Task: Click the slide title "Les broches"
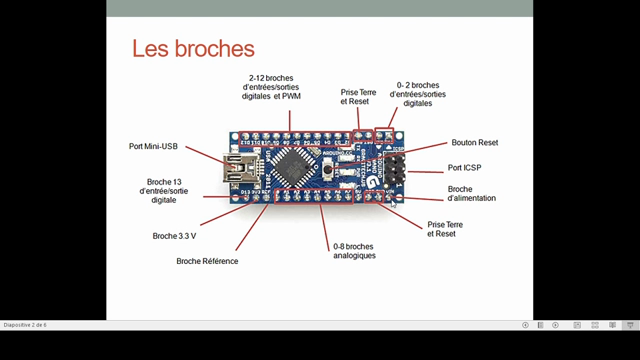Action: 194,48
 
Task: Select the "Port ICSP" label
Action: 465,167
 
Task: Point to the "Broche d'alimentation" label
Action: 472,193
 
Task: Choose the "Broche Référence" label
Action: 207,261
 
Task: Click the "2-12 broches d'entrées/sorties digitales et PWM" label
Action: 281,89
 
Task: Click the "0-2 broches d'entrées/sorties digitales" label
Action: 419,94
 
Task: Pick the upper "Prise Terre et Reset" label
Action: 358,96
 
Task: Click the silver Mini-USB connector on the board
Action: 239,167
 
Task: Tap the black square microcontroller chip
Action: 296,164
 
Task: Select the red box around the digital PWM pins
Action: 290,134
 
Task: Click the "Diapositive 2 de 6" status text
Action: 25,325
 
